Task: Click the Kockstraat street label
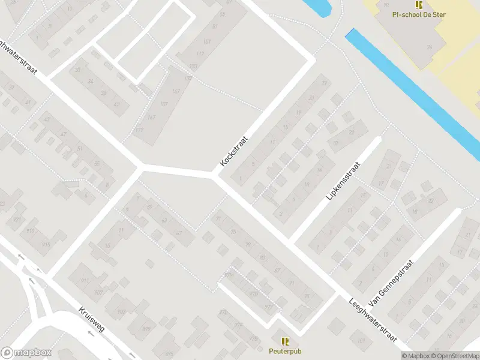click(234, 151)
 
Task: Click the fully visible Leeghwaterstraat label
click(373, 322)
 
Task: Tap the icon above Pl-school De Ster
click(418, 4)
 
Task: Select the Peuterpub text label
click(284, 350)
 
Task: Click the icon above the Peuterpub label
click(284, 340)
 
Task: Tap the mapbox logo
click(26, 353)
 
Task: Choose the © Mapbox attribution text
click(416, 356)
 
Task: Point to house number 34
click(91, 82)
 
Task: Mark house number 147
click(175, 91)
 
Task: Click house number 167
click(151, 117)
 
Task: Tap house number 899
click(146, 329)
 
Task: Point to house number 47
click(64, 134)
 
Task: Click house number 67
click(178, 233)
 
